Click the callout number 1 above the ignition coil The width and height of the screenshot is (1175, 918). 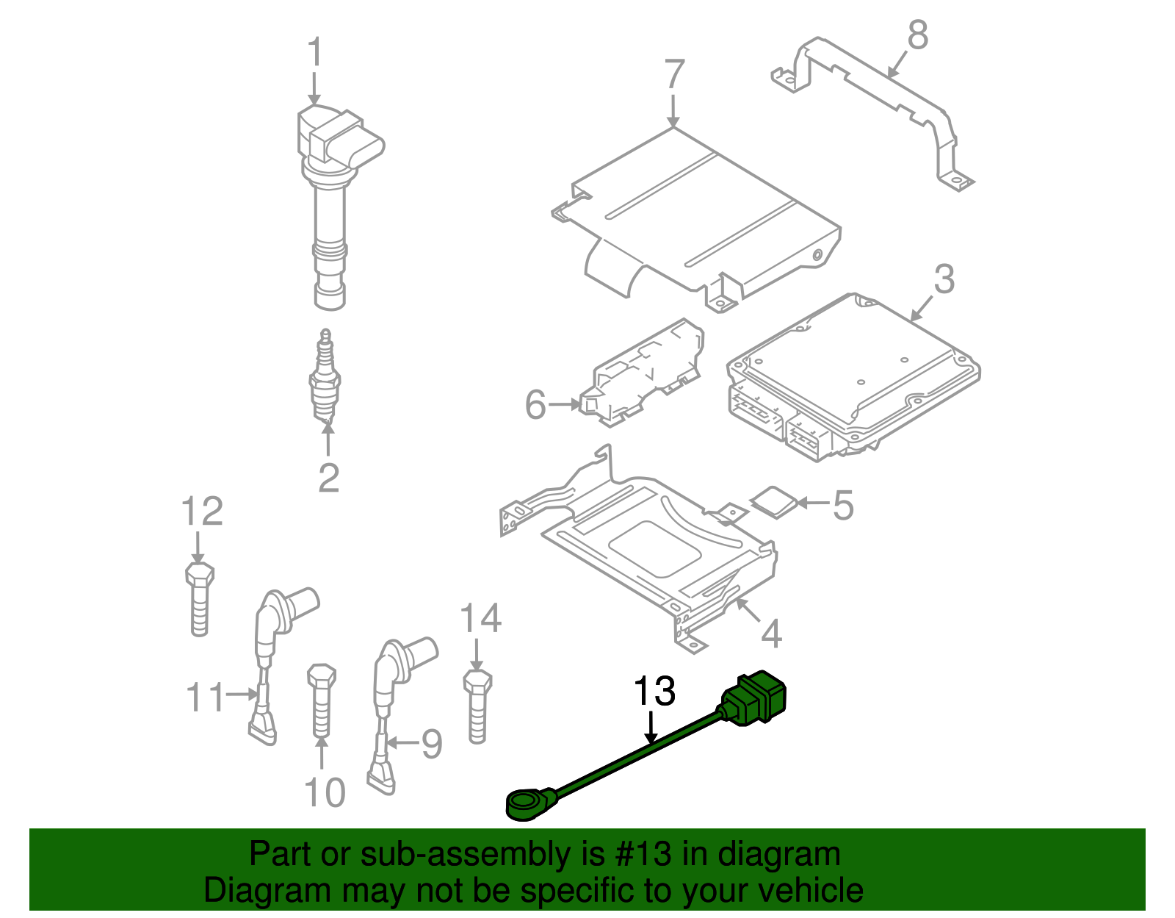pos(314,54)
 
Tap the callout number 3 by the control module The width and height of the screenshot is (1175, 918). pos(944,279)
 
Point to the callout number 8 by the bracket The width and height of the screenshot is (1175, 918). pos(917,35)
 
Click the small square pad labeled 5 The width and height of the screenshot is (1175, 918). pos(774,502)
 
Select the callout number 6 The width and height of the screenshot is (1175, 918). pos(535,404)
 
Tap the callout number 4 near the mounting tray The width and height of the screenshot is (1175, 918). pos(771,634)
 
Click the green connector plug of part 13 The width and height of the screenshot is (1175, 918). pos(756,698)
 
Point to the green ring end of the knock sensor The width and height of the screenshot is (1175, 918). pos(527,803)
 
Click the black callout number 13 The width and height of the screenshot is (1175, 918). pos(654,692)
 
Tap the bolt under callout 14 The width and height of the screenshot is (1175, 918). pos(477,706)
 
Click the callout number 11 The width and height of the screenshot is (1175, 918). pos(204,697)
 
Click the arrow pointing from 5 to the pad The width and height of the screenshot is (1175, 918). pos(814,503)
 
